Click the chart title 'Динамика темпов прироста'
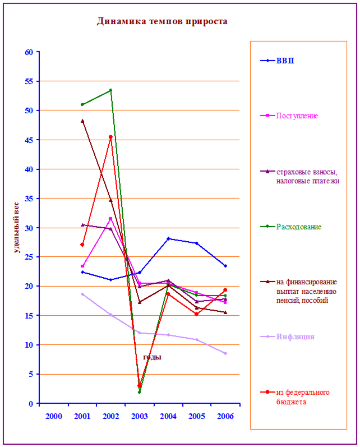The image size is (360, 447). point(161,22)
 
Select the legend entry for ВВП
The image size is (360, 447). point(285,61)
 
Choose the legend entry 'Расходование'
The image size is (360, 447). point(298,227)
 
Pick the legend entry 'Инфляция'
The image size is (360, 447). point(295,337)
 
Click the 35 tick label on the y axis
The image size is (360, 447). point(28,199)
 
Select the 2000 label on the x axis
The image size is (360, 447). point(53,416)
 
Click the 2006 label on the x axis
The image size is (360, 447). point(225,416)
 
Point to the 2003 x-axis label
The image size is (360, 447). point(139,416)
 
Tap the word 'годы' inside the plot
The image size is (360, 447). point(152,357)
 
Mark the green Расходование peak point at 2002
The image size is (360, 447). point(110,90)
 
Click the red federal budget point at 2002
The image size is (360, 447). point(110,137)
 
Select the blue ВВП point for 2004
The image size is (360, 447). point(168,239)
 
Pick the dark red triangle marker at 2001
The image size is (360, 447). point(82,121)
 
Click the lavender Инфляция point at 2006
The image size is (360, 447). point(225,353)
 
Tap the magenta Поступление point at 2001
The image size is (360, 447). point(82,266)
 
